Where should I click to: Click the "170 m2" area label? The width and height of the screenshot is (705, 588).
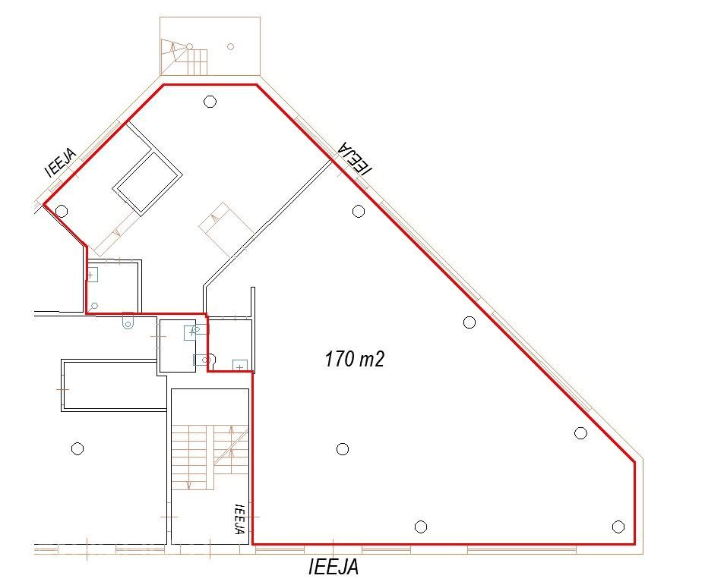[x=354, y=359]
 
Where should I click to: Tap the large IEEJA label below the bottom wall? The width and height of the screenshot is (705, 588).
[x=334, y=567]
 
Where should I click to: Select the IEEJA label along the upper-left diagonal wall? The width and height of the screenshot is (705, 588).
[x=61, y=162]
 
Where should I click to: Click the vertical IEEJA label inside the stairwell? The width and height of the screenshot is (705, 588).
[x=239, y=518]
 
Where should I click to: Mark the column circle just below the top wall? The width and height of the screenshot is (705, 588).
[x=210, y=102]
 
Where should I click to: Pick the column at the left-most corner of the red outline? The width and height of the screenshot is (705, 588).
[x=62, y=211]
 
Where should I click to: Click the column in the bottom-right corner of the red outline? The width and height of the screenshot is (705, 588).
[x=618, y=527]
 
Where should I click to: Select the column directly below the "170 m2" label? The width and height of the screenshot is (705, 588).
[x=343, y=448]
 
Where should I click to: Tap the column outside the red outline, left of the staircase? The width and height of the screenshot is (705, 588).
[x=77, y=448]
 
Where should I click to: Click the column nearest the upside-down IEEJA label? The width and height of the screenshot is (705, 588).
[x=359, y=211]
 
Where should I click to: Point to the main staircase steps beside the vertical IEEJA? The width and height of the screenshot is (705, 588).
[x=210, y=457]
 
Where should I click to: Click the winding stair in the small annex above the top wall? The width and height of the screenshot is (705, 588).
[x=185, y=58]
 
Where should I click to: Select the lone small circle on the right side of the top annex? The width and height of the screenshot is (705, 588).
[x=231, y=46]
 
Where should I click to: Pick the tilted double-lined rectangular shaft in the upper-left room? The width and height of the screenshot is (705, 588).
[x=148, y=183]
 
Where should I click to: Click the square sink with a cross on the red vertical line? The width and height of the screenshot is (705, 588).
[x=92, y=275]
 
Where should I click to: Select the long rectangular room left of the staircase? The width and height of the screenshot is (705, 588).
[x=114, y=385]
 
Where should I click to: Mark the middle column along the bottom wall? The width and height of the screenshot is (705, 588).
[x=420, y=527]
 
